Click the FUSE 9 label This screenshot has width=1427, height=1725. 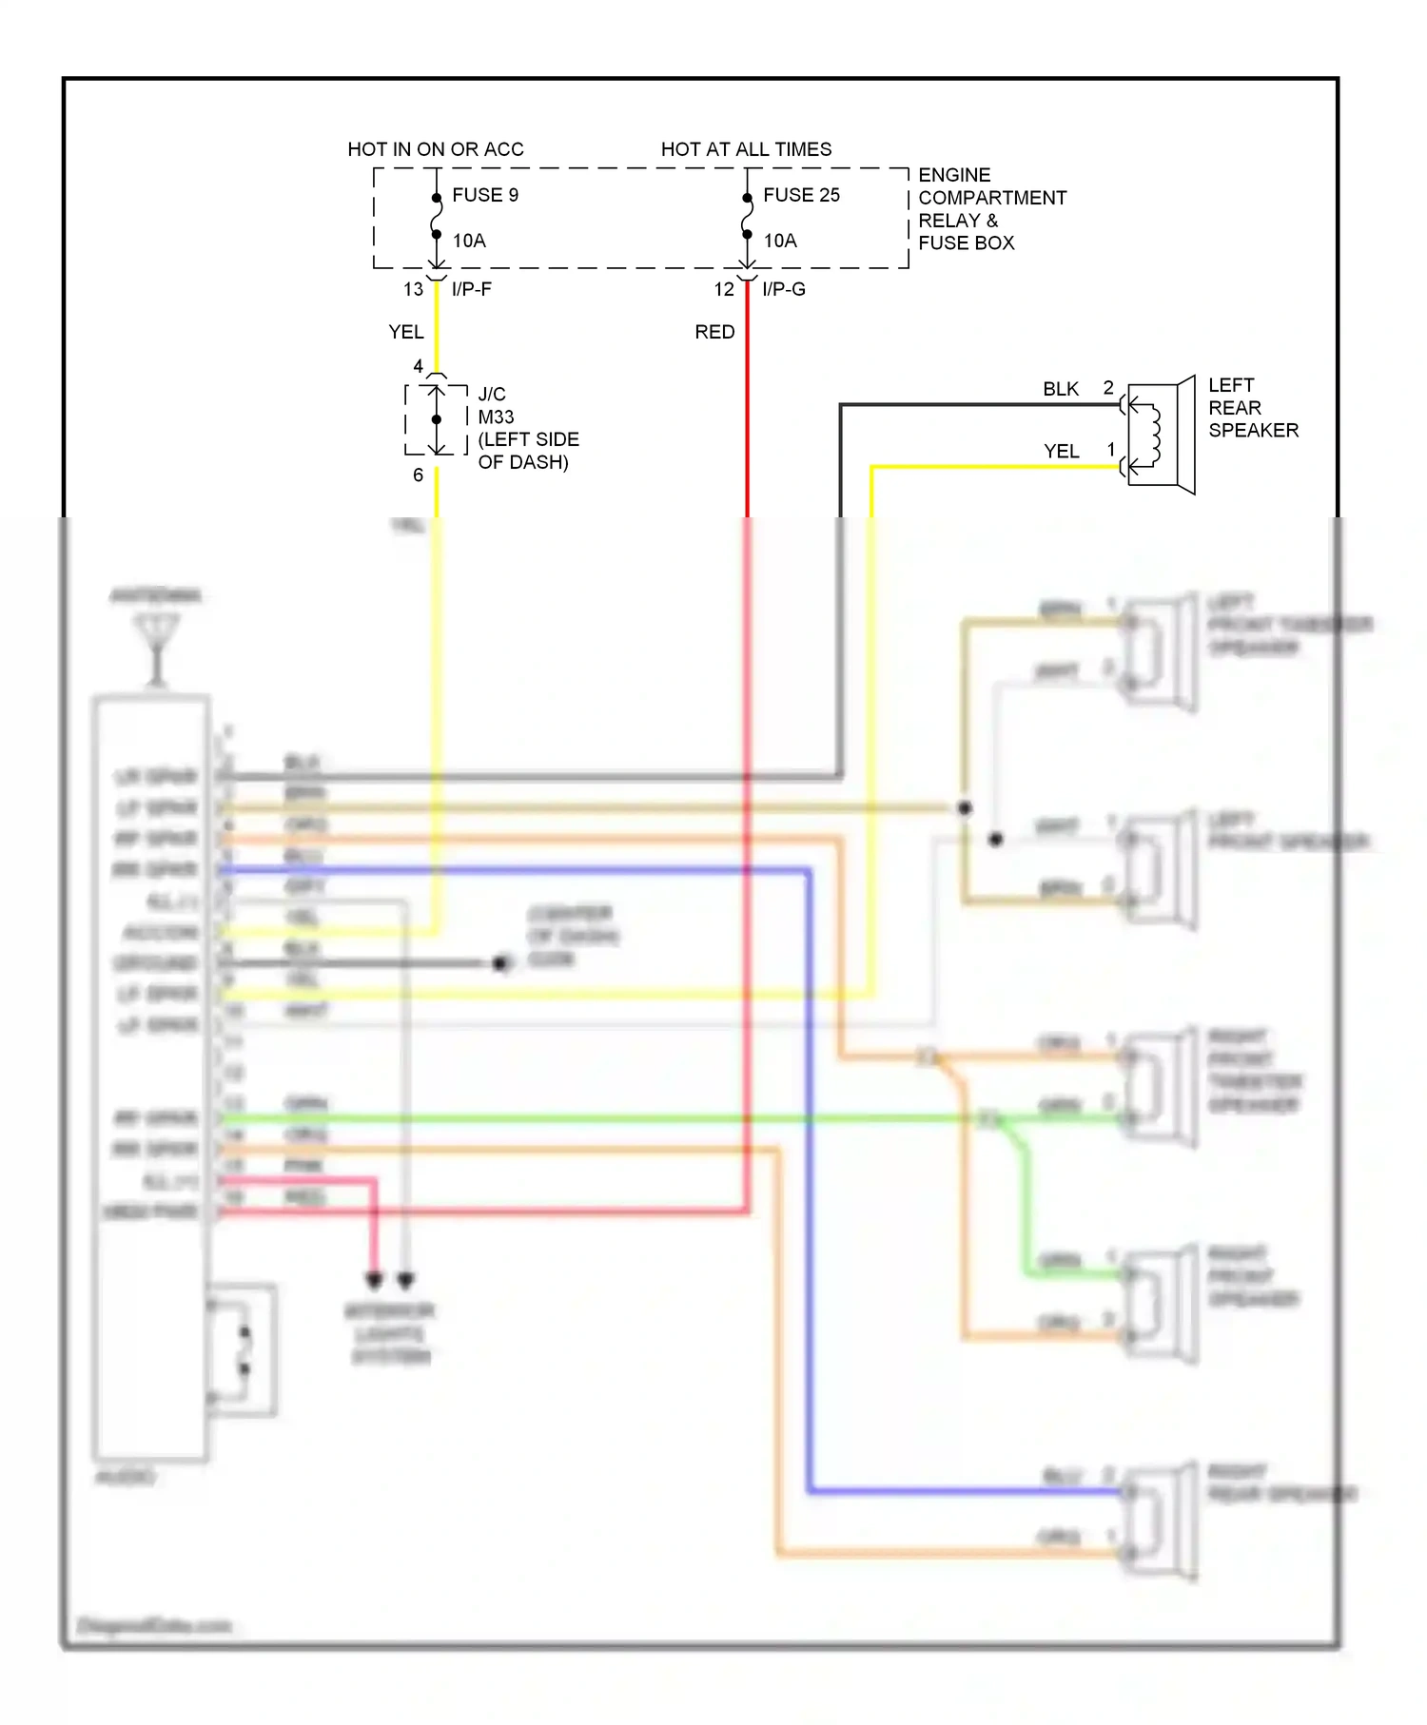coord(485,195)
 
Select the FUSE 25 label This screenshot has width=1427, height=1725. coord(801,195)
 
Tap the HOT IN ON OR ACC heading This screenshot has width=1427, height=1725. coord(436,149)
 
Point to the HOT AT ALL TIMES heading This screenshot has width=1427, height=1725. coord(746,149)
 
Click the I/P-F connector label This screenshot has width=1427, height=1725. coord(472,289)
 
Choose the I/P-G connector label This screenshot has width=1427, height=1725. coord(784,289)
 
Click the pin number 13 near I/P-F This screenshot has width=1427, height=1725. coord(413,289)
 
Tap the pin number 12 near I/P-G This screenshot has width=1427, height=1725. coord(724,289)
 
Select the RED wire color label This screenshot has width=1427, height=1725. coord(714,332)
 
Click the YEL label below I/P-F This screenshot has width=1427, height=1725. coord(406,332)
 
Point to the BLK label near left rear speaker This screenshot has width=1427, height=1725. coord(1061,389)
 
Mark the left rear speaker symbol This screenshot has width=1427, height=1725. coord(1161,435)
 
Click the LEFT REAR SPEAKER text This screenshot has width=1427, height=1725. coord(1252,408)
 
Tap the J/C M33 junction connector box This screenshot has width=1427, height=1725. coord(437,419)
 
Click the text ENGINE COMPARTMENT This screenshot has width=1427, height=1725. coord(991,186)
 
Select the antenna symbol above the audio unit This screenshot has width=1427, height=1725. coord(157,647)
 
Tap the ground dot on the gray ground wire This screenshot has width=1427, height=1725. coord(501,963)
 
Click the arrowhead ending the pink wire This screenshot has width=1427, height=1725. coord(374,1280)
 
